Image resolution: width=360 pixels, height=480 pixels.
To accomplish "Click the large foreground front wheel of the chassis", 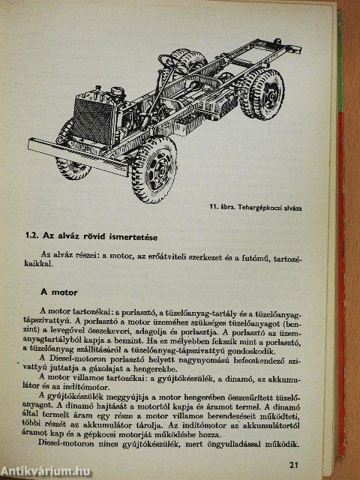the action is click(153, 169).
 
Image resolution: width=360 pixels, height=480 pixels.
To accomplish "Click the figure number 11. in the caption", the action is click(217, 208).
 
